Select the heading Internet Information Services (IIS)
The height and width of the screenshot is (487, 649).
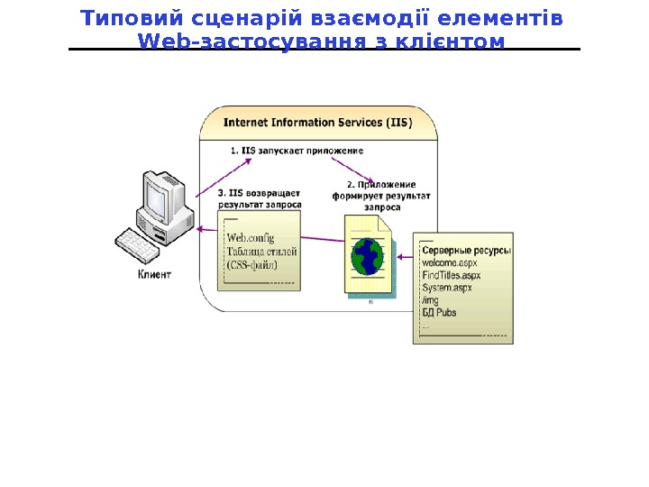(x=317, y=122)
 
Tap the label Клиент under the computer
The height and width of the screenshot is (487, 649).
(x=153, y=273)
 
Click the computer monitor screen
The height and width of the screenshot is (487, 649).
(x=162, y=192)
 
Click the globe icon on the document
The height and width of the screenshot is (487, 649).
(x=367, y=256)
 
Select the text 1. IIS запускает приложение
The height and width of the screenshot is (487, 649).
(x=297, y=151)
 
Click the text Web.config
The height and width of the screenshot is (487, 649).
(x=250, y=238)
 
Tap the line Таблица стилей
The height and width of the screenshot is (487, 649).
(x=261, y=252)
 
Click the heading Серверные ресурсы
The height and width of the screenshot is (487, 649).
(x=466, y=250)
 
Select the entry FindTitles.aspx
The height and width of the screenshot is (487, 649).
(x=452, y=275)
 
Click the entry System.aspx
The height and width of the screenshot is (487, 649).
(x=447, y=288)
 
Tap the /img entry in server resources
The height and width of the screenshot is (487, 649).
(x=429, y=300)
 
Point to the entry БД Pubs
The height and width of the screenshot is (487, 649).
(x=439, y=313)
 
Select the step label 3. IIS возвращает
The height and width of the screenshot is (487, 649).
(x=260, y=192)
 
